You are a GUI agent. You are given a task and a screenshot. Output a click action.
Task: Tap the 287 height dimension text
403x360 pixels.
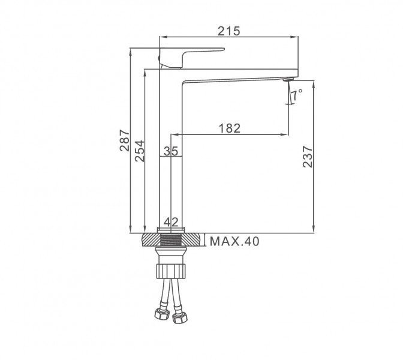click(x=125, y=141)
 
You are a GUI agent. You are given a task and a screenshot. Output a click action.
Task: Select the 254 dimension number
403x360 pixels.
click(x=139, y=151)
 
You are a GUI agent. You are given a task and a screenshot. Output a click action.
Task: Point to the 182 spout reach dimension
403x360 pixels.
click(x=230, y=127)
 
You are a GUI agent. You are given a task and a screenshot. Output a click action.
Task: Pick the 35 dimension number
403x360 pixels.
click(x=171, y=152)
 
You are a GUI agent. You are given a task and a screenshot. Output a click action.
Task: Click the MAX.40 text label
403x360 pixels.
click(x=234, y=242)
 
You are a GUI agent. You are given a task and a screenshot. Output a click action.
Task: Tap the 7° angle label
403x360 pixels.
click(x=298, y=93)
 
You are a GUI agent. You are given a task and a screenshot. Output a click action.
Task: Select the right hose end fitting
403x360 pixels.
click(x=178, y=317)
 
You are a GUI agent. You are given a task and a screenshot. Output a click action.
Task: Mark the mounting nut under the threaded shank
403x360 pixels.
click(x=172, y=269)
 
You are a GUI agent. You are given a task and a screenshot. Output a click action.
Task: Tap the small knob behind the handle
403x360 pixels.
click(x=160, y=58)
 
